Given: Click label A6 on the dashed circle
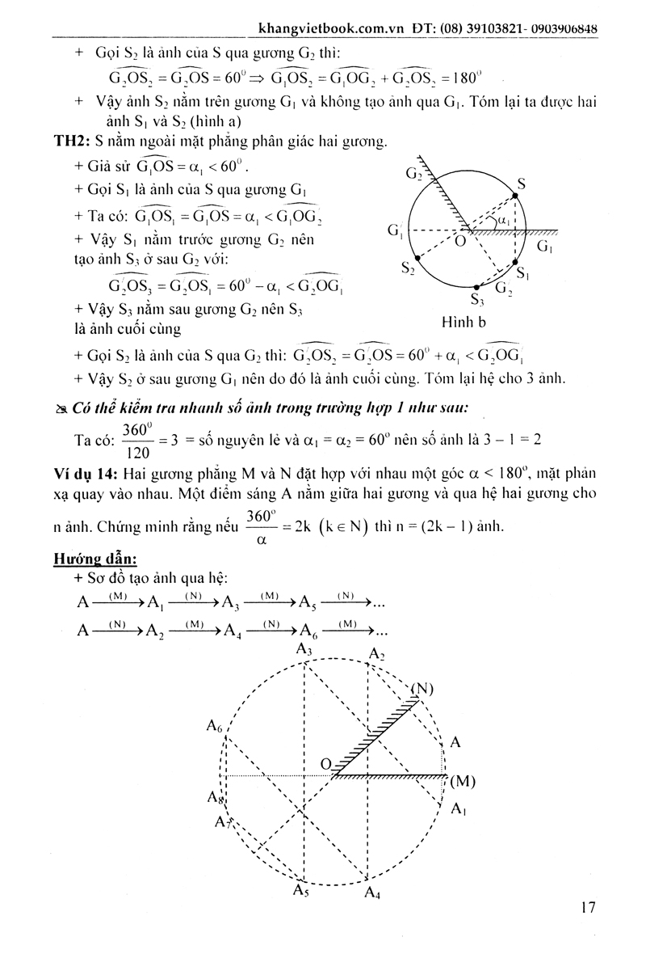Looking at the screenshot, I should tap(214, 727).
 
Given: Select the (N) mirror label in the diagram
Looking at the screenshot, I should tap(422, 689).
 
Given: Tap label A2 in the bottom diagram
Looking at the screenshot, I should tap(377, 653).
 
